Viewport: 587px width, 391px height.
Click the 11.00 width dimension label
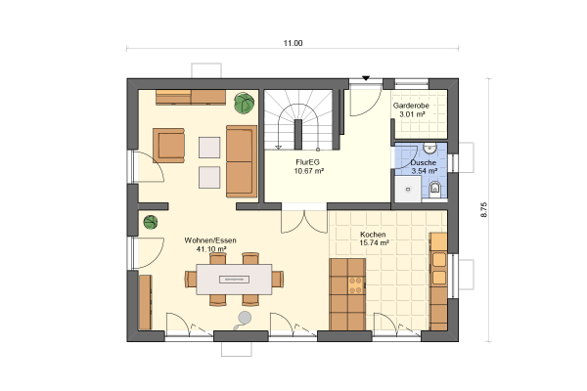[x=293, y=43]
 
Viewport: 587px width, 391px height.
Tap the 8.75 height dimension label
[x=484, y=210]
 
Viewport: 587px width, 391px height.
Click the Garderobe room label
[x=411, y=106]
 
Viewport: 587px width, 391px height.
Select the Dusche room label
[x=424, y=163]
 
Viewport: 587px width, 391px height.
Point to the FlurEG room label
[x=307, y=162]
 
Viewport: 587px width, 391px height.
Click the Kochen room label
[x=373, y=235]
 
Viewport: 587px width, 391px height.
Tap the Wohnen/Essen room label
[x=210, y=240]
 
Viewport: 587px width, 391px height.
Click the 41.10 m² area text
[x=211, y=249]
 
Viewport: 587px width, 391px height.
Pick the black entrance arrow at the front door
[x=366, y=78]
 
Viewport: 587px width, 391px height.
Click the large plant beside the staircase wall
[x=245, y=103]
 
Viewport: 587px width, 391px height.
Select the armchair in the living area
[x=169, y=146]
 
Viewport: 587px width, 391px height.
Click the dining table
[x=235, y=280]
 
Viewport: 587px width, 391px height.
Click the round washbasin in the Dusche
[x=429, y=149]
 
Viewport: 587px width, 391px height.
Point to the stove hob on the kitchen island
[x=356, y=285]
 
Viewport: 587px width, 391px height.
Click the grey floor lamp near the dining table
[x=244, y=320]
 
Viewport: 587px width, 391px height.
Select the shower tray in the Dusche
[x=408, y=190]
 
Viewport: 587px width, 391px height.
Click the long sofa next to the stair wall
[x=242, y=161]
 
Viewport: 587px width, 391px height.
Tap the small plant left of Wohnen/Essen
[x=151, y=222]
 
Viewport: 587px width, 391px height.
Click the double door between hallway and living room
[x=304, y=222]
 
